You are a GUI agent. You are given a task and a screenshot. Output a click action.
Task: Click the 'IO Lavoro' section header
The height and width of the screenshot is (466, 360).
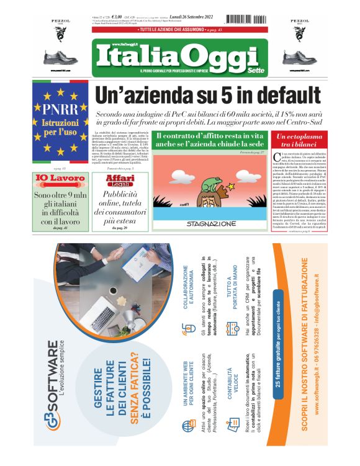(x=60, y=179)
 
